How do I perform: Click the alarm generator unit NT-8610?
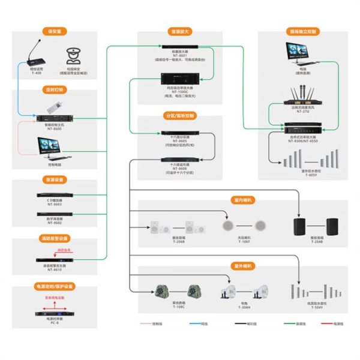click(x=54, y=259)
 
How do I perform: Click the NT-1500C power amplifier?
click(x=180, y=79)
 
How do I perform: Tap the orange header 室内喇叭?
click(x=242, y=200)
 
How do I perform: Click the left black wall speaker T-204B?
click(x=300, y=227)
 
